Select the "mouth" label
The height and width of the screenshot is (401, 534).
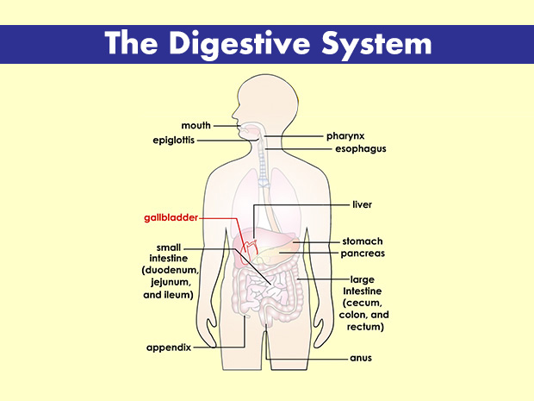click(x=196, y=126)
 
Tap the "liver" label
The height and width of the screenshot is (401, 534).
click(x=362, y=205)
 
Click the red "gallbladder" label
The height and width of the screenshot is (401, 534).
click(x=171, y=218)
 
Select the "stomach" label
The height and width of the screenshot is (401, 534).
click(x=362, y=241)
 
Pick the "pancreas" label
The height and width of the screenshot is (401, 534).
click(x=363, y=254)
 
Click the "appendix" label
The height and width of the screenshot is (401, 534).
click(x=168, y=348)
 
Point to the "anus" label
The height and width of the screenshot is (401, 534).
click(x=361, y=357)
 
